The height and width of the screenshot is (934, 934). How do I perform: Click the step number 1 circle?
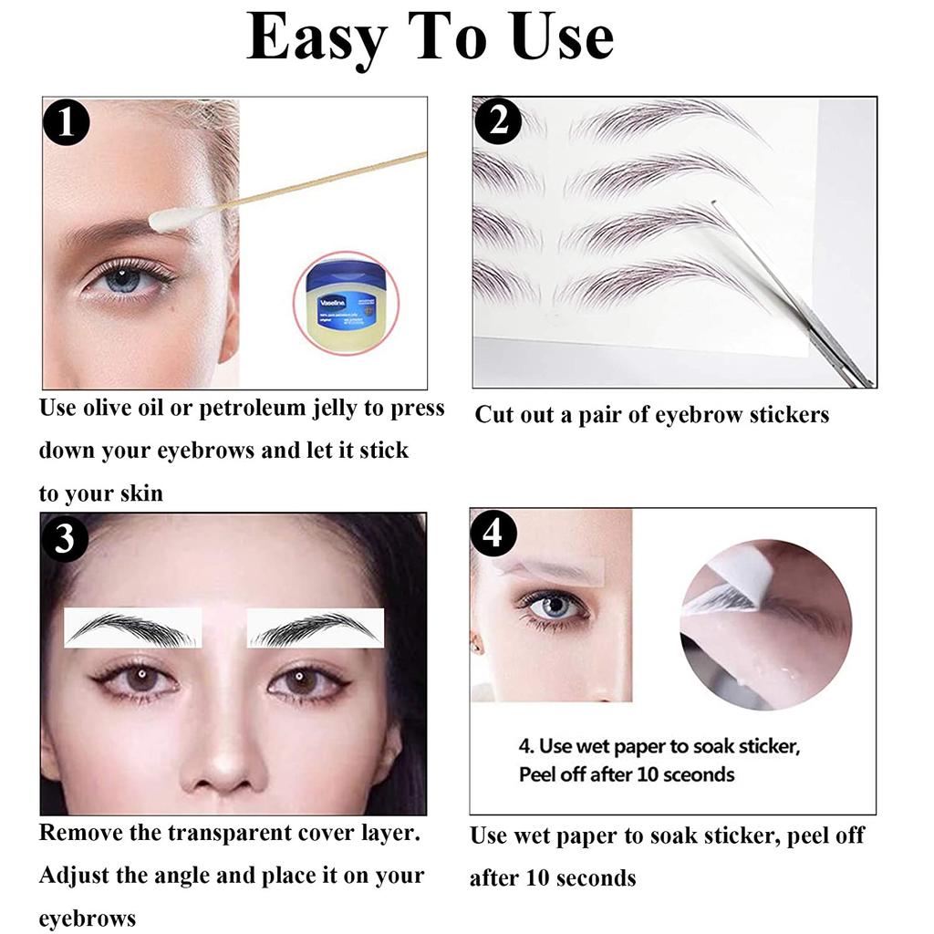pos(67,123)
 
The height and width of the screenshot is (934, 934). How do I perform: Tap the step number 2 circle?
pos(498,120)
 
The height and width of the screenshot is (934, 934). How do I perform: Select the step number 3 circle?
pos(65,539)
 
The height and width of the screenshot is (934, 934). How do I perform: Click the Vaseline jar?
pos(346,301)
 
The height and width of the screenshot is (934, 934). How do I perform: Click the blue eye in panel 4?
pos(551,605)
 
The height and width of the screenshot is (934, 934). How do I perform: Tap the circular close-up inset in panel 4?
pos(765,625)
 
